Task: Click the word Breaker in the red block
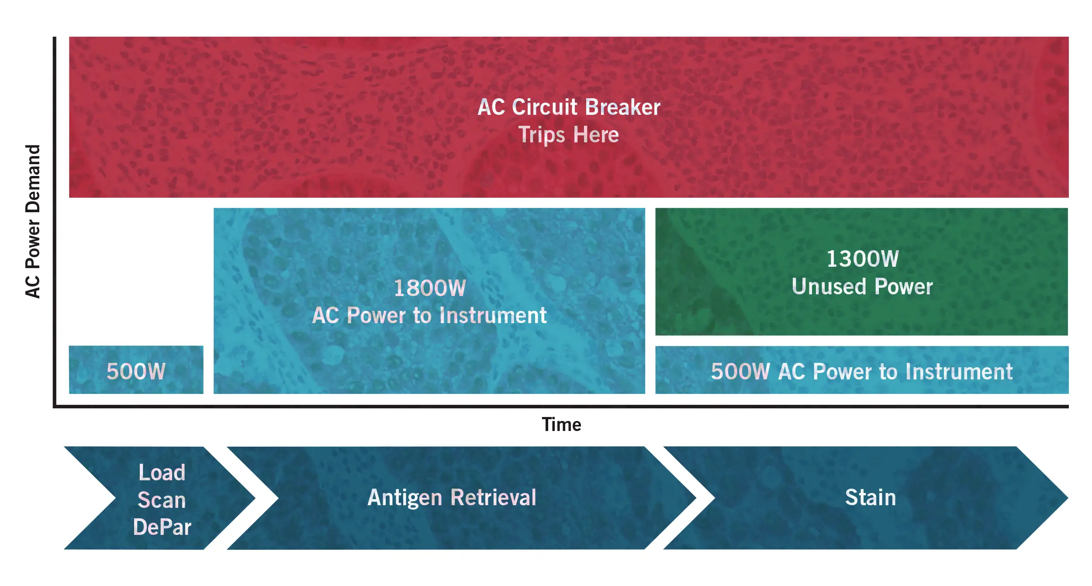click(622, 107)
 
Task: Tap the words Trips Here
click(568, 134)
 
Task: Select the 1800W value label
click(430, 288)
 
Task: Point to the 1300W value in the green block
click(863, 259)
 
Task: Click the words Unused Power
click(862, 286)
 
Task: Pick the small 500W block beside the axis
click(136, 370)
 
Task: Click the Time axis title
click(561, 424)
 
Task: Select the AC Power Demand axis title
click(33, 221)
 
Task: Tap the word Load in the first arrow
click(162, 472)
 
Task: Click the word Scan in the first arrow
click(162, 500)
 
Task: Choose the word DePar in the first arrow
click(162, 527)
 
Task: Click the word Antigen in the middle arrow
click(405, 498)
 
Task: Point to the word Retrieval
click(494, 497)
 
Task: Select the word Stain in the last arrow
click(871, 497)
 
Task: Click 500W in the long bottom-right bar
click(740, 372)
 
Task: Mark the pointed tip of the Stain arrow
click(1068, 498)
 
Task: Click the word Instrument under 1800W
click(493, 315)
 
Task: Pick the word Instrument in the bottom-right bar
click(959, 372)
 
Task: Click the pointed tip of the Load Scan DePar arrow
click(255, 498)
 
